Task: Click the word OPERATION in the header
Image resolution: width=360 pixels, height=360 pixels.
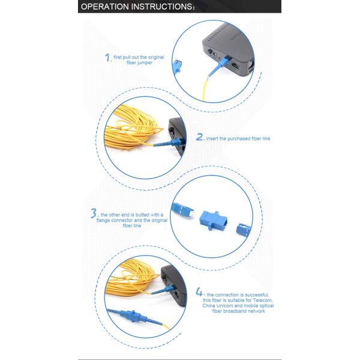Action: pos(104,7)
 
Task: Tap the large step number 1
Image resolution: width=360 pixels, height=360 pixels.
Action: pos(107,58)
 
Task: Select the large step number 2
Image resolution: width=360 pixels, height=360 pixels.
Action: pos(200,137)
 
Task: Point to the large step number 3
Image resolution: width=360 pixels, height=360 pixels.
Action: pos(94,213)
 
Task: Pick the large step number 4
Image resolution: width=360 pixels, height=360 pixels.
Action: pos(199,292)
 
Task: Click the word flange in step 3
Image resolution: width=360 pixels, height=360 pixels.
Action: pos(103,220)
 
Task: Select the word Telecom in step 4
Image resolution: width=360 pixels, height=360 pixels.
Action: pos(263,301)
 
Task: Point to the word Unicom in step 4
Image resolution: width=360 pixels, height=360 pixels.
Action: pos(224,306)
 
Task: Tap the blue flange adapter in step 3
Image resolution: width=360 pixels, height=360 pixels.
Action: pos(213,220)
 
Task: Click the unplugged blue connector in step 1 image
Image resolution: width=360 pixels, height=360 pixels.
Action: pos(177,66)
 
